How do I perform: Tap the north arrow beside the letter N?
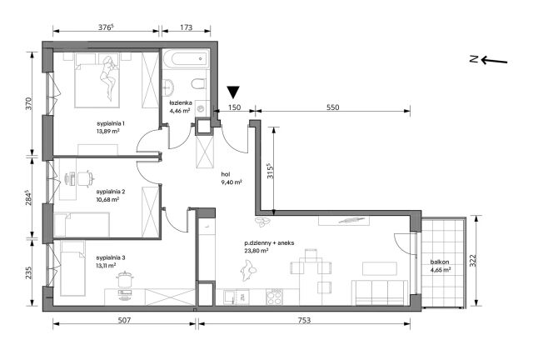click(494, 61)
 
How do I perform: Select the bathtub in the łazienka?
click(185, 59)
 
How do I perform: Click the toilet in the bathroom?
click(198, 83)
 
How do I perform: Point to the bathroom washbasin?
click(168, 87)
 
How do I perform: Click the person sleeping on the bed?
click(109, 78)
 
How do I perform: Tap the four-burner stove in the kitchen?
click(274, 297)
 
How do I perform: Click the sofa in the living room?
click(380, 292)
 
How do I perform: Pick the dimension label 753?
click(304, 320)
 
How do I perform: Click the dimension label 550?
click(333, 107)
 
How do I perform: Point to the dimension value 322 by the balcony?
click(474, 261)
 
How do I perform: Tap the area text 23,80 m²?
click(257, 251)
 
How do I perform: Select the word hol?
click(226, 174)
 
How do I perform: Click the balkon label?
click(440, 262)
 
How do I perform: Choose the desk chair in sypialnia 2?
click(85, 178)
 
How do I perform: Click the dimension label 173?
click(187, 27)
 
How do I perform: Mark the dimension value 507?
click(124, 320)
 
